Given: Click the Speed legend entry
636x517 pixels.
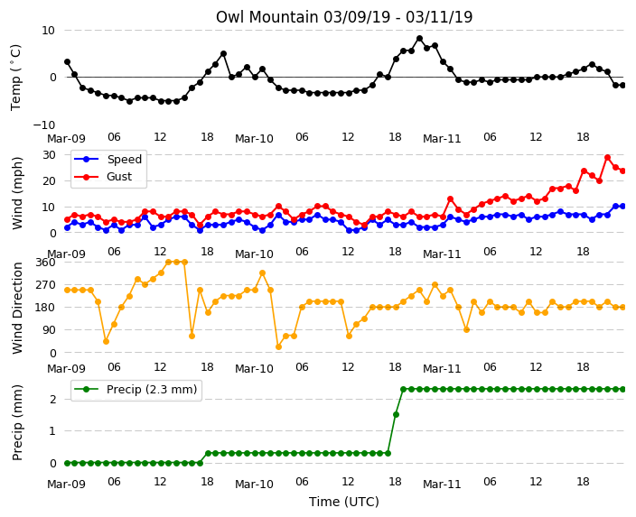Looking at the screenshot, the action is point(108,159).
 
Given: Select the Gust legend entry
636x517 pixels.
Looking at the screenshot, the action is point(103,177).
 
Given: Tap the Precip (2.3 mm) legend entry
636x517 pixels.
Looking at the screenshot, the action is point(136,390).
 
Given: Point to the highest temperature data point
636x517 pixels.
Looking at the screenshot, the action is point(419,39).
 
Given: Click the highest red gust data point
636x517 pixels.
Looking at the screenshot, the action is point(607,158).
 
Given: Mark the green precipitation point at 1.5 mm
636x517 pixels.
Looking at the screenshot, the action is point(396,414).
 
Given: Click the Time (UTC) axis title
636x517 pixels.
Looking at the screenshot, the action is point(344,502).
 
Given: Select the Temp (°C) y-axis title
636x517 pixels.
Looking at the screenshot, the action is point(16,78).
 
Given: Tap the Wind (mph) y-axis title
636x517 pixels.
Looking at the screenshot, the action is point(17,193).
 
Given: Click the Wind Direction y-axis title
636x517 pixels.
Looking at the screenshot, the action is point(17,309).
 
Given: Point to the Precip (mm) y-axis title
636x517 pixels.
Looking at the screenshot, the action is point(17,422).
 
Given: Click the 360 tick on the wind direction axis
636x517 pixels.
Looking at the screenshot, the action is point(45,263).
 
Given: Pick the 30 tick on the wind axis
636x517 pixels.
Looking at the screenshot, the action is point(49,155).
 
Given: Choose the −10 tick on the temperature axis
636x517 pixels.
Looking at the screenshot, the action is point(43,125).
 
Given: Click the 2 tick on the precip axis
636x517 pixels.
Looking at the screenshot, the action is point(52,399).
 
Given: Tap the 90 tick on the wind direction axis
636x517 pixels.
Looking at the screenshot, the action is point(49,330).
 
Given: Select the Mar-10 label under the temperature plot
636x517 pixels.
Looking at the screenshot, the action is point(255,139).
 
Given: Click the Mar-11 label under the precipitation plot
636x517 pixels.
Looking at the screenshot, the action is point(442,485).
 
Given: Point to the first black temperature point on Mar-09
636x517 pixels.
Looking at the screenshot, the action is point(68,62).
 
